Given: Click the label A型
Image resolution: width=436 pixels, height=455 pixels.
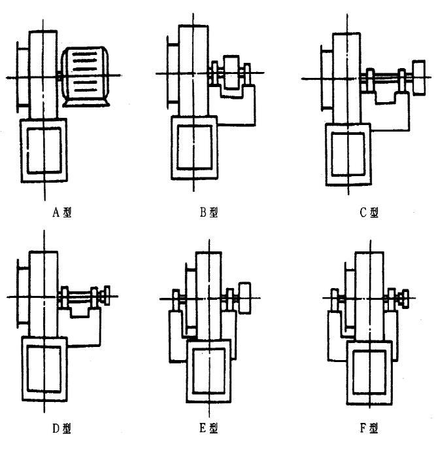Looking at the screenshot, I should click(63, 213).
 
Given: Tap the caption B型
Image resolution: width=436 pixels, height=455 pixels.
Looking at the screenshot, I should click(210, 213).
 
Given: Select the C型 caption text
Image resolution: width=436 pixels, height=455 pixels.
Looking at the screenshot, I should click(370, 213).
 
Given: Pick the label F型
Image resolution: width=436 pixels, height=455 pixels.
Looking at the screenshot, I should click(369, 429).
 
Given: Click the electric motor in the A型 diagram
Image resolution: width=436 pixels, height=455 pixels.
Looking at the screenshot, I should click(86, 77).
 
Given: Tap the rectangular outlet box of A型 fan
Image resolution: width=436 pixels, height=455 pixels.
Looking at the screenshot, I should click(44, 151).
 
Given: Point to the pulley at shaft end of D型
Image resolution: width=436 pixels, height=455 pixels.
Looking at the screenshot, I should click(105, 295).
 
